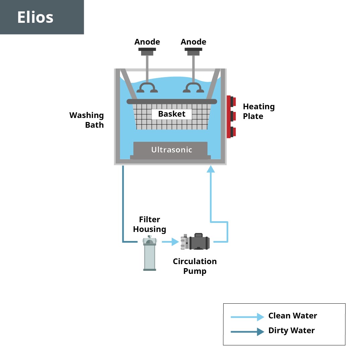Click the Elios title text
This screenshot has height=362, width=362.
(x=35, y=17)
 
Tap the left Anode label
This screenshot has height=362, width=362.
(x=147, y=42)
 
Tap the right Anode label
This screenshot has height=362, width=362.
(x=193, y=42)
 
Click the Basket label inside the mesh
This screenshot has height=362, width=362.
(x=172, y=114)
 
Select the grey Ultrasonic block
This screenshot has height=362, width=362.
(x=170, y=150)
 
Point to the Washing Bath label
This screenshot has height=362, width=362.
(x=86, y=120)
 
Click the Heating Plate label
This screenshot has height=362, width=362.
(x=259, y=111)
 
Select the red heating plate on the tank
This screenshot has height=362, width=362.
(x=231, y=117)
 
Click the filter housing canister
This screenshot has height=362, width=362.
(x=149, y=253)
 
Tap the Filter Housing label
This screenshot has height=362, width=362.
(x=149, y=224)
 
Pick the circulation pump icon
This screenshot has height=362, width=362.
(x=195, y=241)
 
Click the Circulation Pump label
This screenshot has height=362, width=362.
(x=195, y=266)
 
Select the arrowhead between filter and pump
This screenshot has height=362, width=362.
(x=175, y=242)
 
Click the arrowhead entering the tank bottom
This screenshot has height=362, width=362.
(x=210, y=169)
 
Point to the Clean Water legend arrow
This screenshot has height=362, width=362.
(x=247, y=317)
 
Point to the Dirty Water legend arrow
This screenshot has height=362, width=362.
(x=247, y=332)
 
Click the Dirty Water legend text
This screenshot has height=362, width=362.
(x=292, y=330)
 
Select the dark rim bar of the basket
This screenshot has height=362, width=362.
(x=172, y=102)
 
